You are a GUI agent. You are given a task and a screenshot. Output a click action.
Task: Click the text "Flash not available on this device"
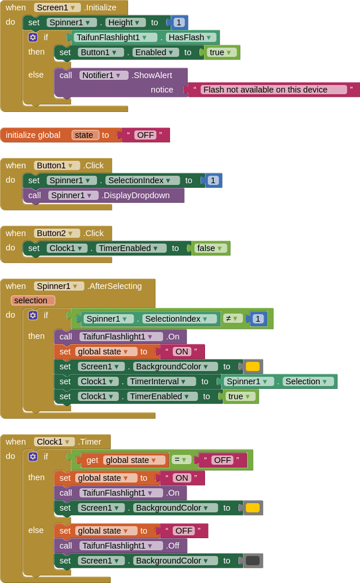point(273,90)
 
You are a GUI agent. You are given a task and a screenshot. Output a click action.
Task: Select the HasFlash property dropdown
point(191,37)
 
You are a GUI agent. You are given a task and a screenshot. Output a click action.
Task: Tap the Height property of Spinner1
point(125,22)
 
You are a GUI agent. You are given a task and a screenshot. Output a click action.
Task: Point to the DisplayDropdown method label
point(135,195)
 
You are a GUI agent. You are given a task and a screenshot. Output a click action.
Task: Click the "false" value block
point(210,248)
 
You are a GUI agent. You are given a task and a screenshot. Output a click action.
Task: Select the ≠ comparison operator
point(232,318)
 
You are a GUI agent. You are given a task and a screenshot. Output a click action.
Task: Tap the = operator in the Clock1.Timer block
point(181,459)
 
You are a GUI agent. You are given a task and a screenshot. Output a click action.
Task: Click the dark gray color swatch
point(252,560)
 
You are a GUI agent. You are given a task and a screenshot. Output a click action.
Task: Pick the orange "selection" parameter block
point(33,300)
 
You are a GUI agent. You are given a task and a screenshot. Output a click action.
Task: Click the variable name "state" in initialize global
point(84,135)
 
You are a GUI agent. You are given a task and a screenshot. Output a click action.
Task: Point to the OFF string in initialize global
point(145,135)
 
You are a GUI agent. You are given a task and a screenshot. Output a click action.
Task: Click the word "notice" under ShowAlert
point(162,90)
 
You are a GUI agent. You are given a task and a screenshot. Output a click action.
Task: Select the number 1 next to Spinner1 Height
point(179,22)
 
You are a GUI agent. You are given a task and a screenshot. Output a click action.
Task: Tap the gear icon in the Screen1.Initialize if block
point(33,37)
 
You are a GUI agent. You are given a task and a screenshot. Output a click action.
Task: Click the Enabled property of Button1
point(155,52)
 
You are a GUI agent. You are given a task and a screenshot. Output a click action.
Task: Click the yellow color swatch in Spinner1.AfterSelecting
point(252,367)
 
